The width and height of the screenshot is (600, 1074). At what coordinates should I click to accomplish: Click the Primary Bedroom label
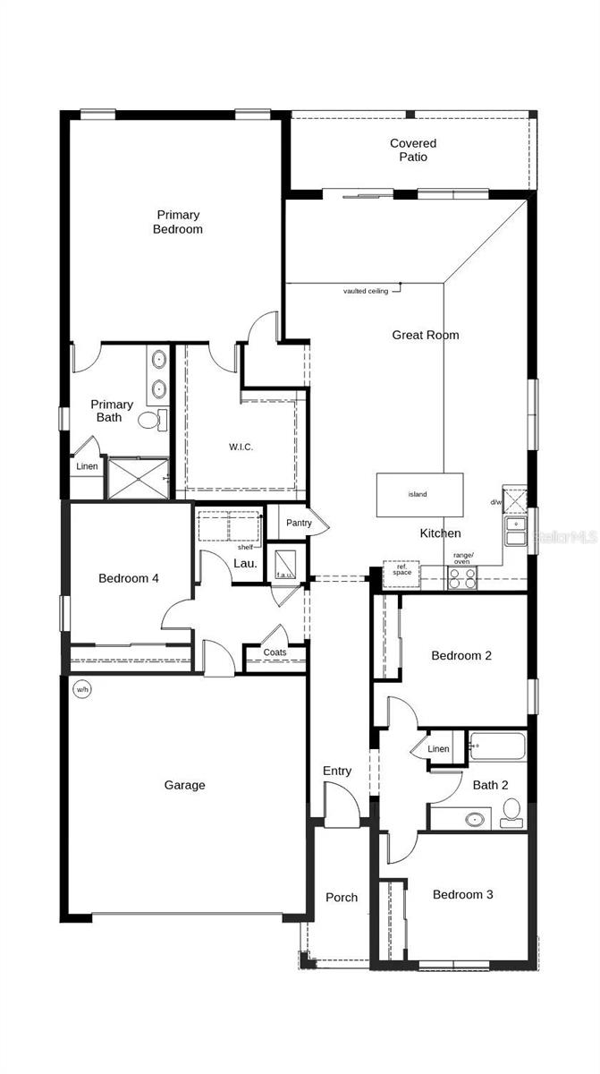click(x=179, y=222)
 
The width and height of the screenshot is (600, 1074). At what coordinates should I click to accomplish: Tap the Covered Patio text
click(x=413, y=150)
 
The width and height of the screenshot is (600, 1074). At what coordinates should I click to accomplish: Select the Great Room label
click(x=426, y=335)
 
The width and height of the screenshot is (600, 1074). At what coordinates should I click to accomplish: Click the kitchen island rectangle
click(x=419, y=494)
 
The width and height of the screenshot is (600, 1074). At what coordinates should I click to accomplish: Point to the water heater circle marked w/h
click(x=82, y=689)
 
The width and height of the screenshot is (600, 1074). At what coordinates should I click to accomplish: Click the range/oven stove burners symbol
click(x=462, y=578)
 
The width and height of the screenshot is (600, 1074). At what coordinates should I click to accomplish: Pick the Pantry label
click(x=298, y=523)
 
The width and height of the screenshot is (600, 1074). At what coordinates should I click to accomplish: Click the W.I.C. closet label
click(x=240, y=447)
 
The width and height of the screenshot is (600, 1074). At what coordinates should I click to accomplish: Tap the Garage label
click(x=184, y=785)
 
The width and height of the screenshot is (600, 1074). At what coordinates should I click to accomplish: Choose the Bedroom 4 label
click(x=129, y=578)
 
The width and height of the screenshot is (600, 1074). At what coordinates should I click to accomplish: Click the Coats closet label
click(x=275, y=652)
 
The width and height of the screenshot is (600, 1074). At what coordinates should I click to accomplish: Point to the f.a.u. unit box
click(x=285, y=564)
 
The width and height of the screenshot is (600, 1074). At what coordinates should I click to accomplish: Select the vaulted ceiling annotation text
click(x=366, y=291)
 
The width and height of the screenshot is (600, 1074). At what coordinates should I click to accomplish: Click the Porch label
click(x=341, y=898)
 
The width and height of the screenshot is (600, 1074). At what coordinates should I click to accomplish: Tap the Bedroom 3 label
click(x=462, y=894)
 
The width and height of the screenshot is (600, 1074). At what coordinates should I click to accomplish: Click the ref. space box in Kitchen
click(x=402, y=573)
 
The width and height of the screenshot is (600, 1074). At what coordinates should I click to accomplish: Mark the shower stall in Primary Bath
click(x=137, y=479)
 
